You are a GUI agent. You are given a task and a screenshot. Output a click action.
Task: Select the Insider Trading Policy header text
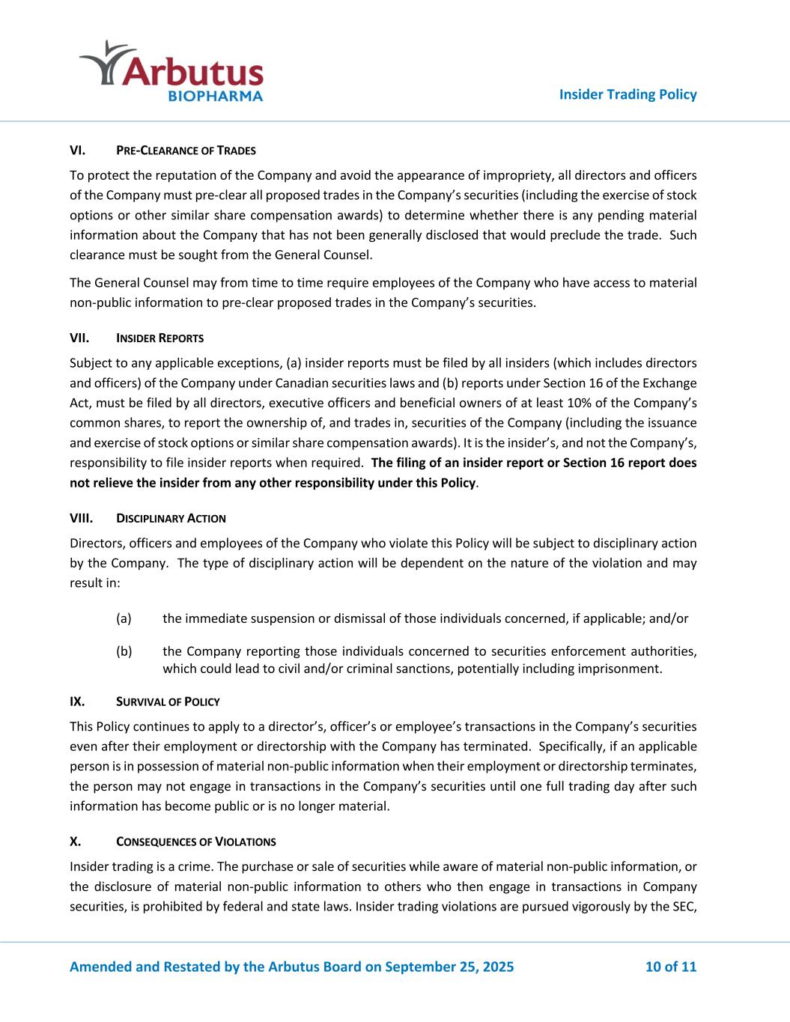point(628,94)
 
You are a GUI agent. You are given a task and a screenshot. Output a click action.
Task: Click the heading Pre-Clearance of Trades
point(186,150)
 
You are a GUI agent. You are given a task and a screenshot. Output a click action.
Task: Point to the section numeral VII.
point(79,338)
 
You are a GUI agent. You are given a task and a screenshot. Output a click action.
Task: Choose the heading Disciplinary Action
point(171,518)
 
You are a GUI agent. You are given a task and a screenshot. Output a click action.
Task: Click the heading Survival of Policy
point(168,702)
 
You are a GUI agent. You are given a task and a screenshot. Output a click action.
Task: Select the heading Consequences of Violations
point(195,841)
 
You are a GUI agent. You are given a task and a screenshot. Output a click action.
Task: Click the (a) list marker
point(124,618)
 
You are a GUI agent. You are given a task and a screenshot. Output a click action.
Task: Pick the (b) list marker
point(124,651)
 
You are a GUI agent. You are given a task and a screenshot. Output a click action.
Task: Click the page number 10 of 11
point(670,967)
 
